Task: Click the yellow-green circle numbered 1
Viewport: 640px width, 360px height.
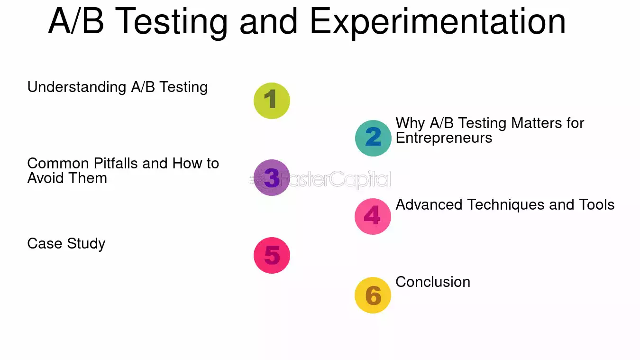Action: [272, 101]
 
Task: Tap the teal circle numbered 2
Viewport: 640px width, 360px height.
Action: [373, 138]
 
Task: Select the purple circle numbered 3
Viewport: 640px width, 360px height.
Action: [272, 178]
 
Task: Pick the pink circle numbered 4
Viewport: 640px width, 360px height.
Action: [373, 216]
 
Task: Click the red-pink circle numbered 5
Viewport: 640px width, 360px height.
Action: [272, 255]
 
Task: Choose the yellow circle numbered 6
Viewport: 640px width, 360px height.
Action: [373, 295]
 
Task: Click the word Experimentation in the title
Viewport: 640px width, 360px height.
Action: [438, 21]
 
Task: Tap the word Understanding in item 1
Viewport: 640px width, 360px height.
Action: [76, 87]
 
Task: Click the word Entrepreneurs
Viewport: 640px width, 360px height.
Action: [444, 138]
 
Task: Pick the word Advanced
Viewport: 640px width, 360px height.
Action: [429, 205]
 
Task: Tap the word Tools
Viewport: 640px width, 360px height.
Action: [596, 205]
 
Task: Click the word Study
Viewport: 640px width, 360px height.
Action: [86, 244]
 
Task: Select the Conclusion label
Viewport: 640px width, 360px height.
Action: [433, 282]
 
